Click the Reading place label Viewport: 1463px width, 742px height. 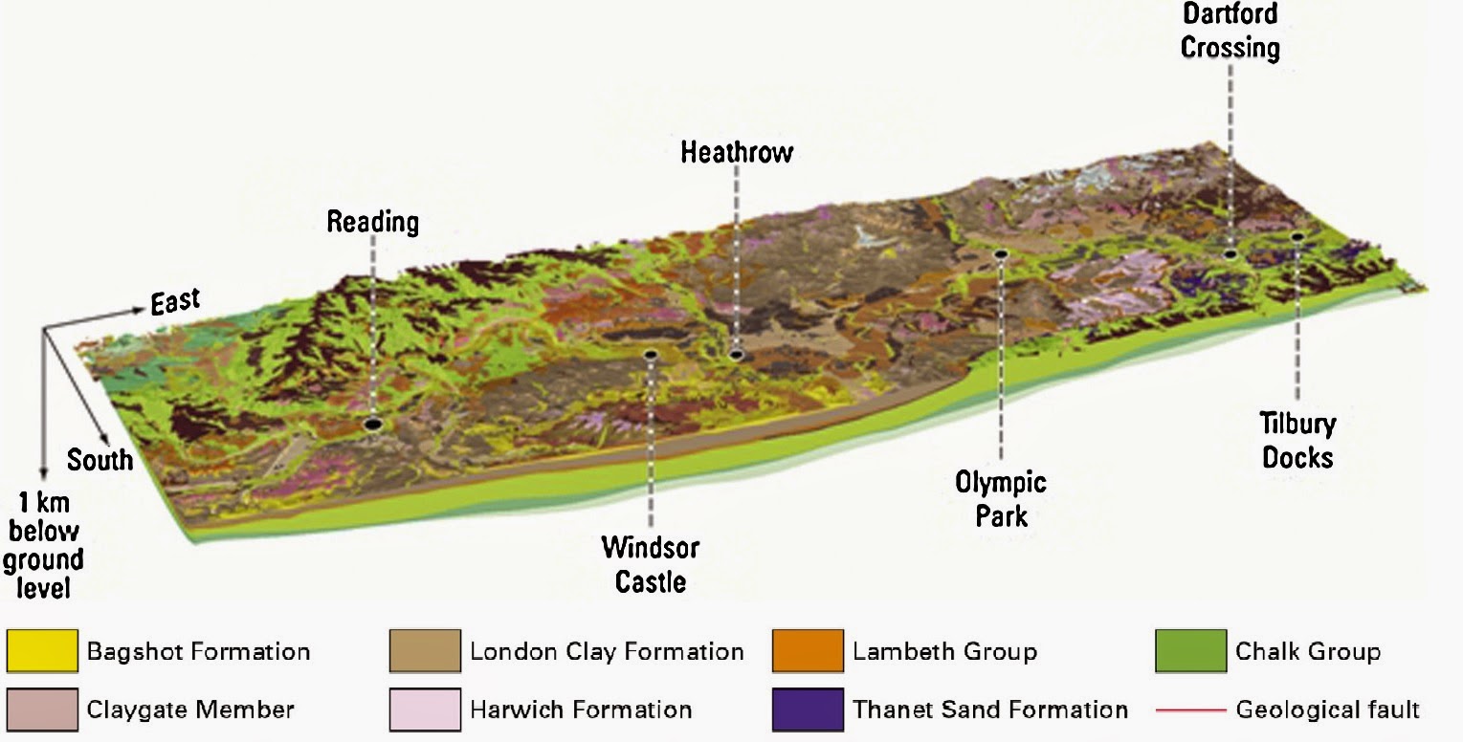click(x=373, y=223)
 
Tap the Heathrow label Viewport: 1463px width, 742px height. click(x=737, y=152)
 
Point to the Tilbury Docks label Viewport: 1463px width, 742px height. click(x=1297, y=440)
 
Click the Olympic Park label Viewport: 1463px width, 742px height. click(x=1001, y=498)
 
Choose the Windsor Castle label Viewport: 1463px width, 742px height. click(x=651, y=564)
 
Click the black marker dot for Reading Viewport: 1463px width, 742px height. click(x=373, y=424)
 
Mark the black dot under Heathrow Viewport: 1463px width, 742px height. click(x=736, y=355)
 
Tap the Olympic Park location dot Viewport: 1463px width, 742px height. click(x=1001, y=254)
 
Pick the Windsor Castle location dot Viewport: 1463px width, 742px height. click(x=651, y=355)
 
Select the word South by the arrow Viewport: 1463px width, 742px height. click(x=100, y=460)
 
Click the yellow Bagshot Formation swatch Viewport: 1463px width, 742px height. click(x=42, y=652)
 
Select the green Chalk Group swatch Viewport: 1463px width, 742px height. click(x=1189, y=652)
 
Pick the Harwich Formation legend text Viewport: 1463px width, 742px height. click(x=581, y=710)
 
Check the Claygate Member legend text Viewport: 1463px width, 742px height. click(x=190, y=710)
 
